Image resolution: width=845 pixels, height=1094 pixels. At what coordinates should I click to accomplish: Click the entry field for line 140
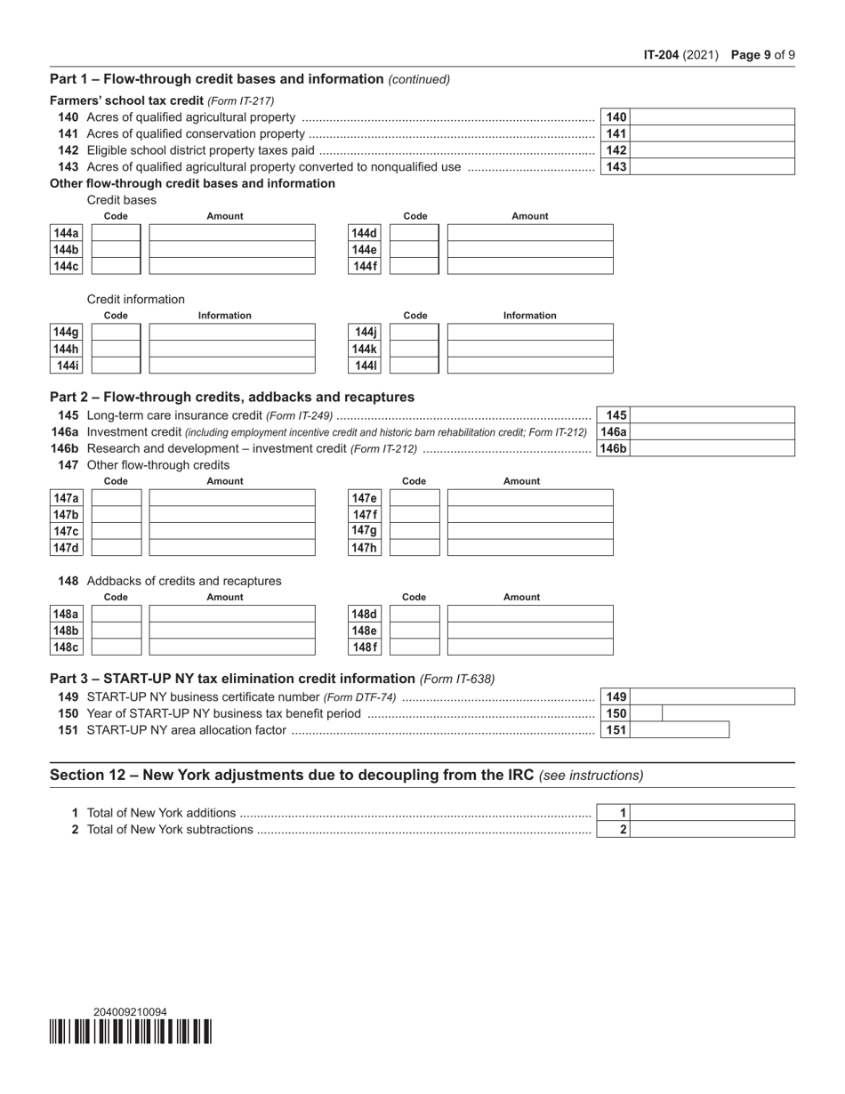(x=712, y=117)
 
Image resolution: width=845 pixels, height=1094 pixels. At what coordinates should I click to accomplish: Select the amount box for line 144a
(x=232, y=233)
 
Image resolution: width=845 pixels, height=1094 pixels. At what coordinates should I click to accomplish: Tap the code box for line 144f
(x=414, y=266)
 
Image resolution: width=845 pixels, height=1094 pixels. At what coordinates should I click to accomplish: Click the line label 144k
(x=366, y=349)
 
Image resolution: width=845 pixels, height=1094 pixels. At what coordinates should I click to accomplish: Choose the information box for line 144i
(x=232, y=366)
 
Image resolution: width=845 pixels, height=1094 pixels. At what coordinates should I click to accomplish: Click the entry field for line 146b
(x=712, y=448)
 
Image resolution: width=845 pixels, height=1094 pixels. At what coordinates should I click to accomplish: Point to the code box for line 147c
(x=117, y=531)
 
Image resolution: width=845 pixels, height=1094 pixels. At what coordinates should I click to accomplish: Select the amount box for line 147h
(x=530, y=548)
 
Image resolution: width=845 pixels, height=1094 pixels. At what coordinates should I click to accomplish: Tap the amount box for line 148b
(x=232, y=631)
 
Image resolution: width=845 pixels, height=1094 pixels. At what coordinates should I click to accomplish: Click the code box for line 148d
(x=414, y=614)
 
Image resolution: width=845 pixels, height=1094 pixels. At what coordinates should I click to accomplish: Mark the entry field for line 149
(x=712, y=696)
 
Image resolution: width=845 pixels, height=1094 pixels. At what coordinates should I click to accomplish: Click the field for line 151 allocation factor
(x=680, y=730)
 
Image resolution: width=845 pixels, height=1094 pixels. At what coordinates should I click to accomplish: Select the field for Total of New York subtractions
(x=712, y=829)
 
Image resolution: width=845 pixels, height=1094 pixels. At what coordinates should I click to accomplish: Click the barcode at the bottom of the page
(x=131, y=1032)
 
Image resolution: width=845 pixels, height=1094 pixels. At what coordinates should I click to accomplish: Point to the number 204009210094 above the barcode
(x=130, y=1011)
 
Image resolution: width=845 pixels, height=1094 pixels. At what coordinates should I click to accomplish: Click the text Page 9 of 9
(x=762, y=54)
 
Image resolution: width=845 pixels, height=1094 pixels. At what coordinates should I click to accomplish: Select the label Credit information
(x=136, y=299)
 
